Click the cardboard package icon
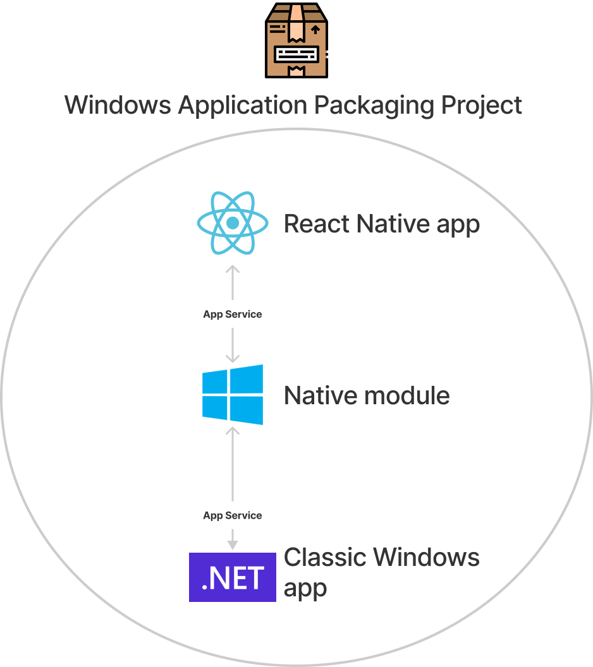coord(296,40)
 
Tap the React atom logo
coord(233,223)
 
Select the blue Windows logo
coord(233,395)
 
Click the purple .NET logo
coord(233,577)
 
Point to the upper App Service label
coord(232,314)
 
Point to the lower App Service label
coord(232,515)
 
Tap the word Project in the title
coord(482,105)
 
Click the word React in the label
coord(317,224)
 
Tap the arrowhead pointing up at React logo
coord(233,270)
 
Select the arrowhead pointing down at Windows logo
coord(233,358)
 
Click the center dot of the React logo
coord(233,223)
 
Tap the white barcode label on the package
coord(296,53)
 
